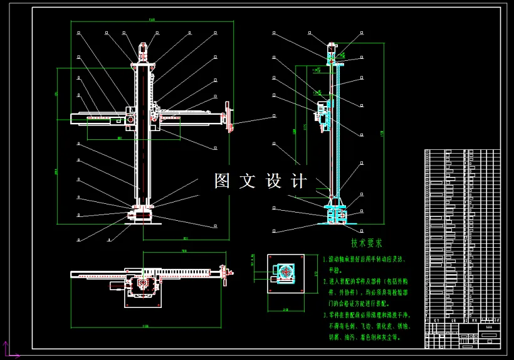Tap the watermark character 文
(248, 181)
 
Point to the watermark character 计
(300, 181)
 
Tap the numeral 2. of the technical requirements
(325, 282)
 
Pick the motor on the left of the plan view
(117, 285)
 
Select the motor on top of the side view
(332, 50)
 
